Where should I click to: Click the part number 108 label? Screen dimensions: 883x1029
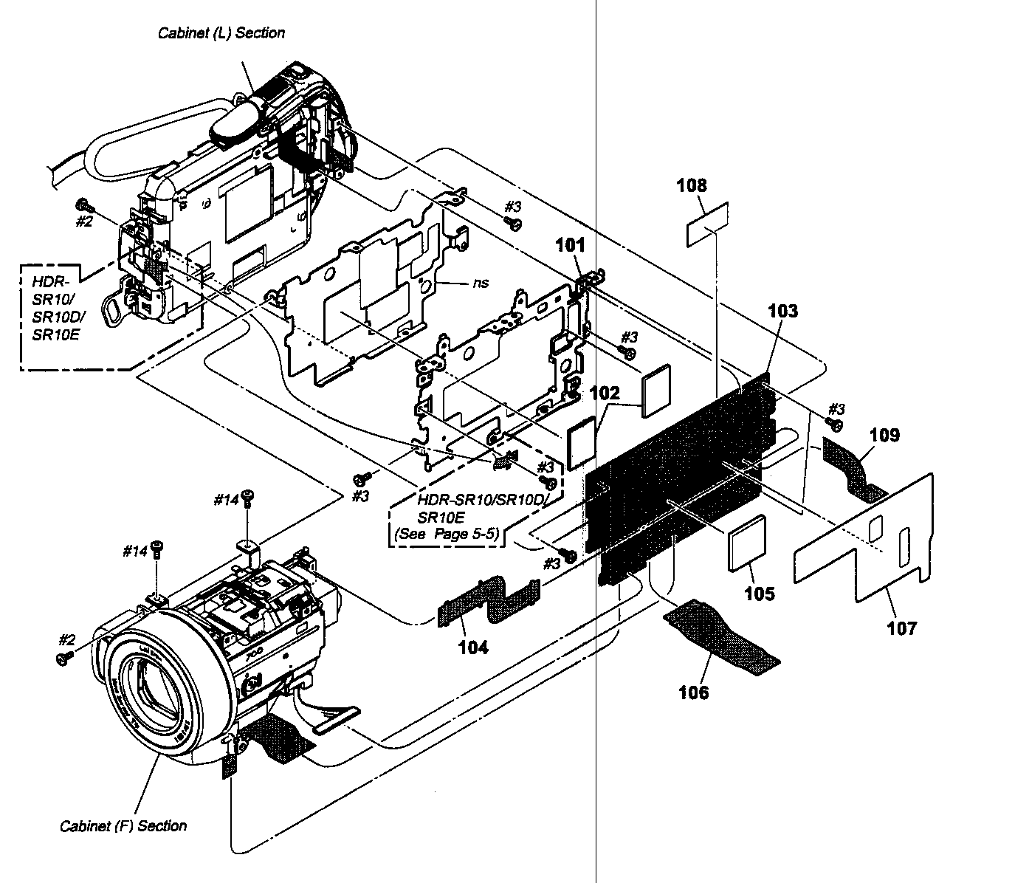point(692,185)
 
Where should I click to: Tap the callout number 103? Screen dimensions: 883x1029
point(782,311)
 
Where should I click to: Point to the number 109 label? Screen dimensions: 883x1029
point(884,435)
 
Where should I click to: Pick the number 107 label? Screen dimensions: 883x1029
point(901,628)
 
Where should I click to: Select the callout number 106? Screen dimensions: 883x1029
point(693,692)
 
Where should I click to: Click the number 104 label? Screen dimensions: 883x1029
point(472,647)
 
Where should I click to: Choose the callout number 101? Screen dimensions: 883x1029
point(570,245)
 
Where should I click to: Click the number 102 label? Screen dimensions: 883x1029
point(605,394)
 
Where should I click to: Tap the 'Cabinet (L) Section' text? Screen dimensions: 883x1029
point(221,32)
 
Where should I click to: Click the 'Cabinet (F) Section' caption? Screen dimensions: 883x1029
point(123,825)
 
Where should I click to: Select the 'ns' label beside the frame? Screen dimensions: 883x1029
point(481,282)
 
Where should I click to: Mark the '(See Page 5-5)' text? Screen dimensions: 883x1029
point(447,533)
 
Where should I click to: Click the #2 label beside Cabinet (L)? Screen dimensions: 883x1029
point(84,220)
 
